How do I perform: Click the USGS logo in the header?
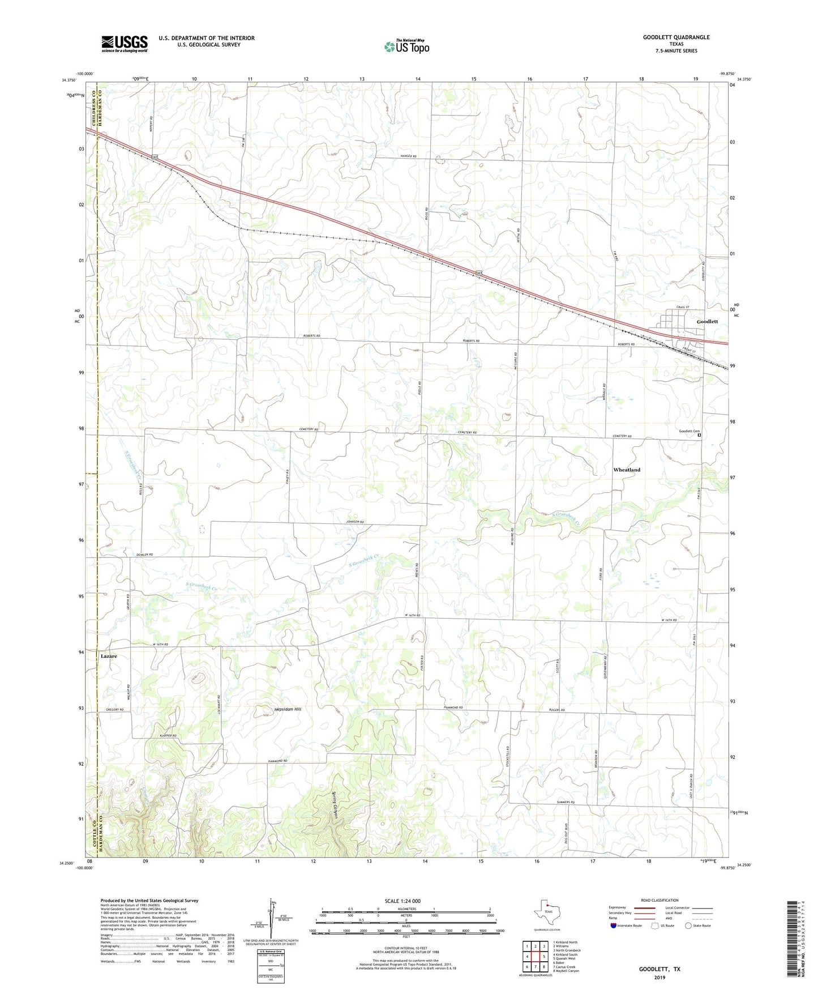point(124,44)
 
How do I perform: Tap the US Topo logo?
point(406,46)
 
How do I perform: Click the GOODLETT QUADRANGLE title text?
point(676,37)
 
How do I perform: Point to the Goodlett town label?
point(707,322)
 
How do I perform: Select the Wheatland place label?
point(627,470)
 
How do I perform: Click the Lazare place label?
point(109,655)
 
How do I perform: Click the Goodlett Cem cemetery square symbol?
point(699,436)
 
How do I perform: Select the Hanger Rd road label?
point(407,156)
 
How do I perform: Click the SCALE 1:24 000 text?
point(402,901)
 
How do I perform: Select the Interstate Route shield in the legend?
point(615,926)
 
